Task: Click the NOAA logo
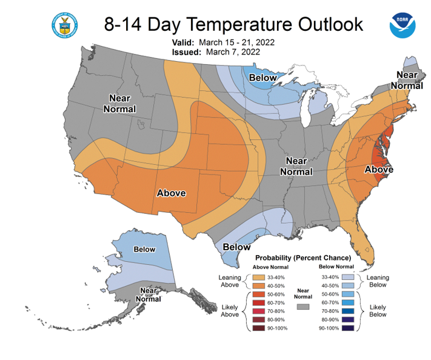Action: tap(403, 25)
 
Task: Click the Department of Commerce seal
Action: tap(65, 25)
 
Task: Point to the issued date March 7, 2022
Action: tap(233, 52)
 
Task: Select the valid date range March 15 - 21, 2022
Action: tap(236, 42)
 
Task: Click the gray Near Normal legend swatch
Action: tap(303, 307)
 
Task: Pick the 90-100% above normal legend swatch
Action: tap(259, 328)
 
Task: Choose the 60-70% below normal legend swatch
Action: tap(348, 302)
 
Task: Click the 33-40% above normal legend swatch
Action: tap(259, 278)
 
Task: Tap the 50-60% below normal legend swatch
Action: tap(348, 294)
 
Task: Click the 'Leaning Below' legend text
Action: tap(378, 281)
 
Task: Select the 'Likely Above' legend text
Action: tap(230, 311)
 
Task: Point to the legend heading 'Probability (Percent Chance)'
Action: tap(303, 258)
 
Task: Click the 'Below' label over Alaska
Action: tap(144, 249)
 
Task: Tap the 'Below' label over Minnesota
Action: tap(262, 78)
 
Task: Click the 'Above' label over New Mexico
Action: tap(171, 193)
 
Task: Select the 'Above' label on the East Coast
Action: tap(379, 169)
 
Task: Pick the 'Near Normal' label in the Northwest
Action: tap(119, 104)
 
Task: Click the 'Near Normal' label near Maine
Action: tap(407, 80)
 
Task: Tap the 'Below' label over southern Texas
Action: tap(236, 247)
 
